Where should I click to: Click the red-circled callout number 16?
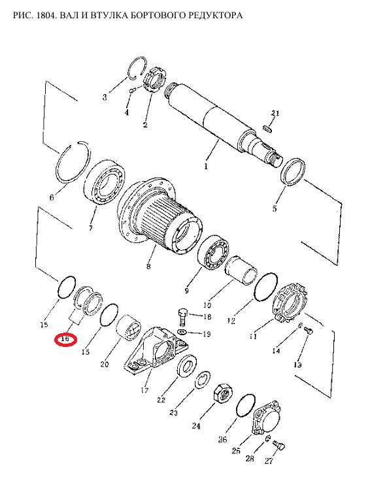click(65, 339)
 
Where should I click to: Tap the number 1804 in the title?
click(47, 15)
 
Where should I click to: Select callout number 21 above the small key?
click(275, 113)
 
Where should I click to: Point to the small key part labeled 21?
click(268, 128)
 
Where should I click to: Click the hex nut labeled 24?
click(223, 393)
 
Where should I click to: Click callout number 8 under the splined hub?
click(148, 267)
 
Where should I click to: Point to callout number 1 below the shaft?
click(206, 166)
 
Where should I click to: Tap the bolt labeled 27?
click(278, 445)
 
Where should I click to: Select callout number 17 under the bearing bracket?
click(144, 390)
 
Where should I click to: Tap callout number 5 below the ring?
click(275, 208)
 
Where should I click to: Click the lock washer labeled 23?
click(203, 380)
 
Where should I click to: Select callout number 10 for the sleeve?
click(207, 304)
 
